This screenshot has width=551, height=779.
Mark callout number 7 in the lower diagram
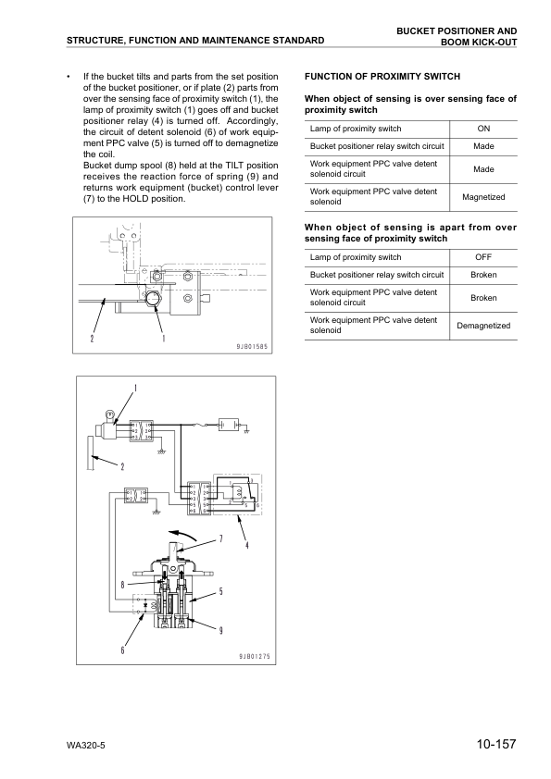pyautogui.click(x=220, y=538)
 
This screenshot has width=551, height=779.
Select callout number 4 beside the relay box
pyautogui.click(x=246, y=545)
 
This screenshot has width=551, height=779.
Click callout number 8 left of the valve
pyautogui.click(x=122, y=584)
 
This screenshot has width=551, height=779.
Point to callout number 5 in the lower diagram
pyautogui.click(x=220, y=591)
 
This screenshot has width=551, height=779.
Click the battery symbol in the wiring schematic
pyautogui.click(x=227, y=426)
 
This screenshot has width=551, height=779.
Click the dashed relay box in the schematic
pyautogui.click(x=239, y=498)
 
